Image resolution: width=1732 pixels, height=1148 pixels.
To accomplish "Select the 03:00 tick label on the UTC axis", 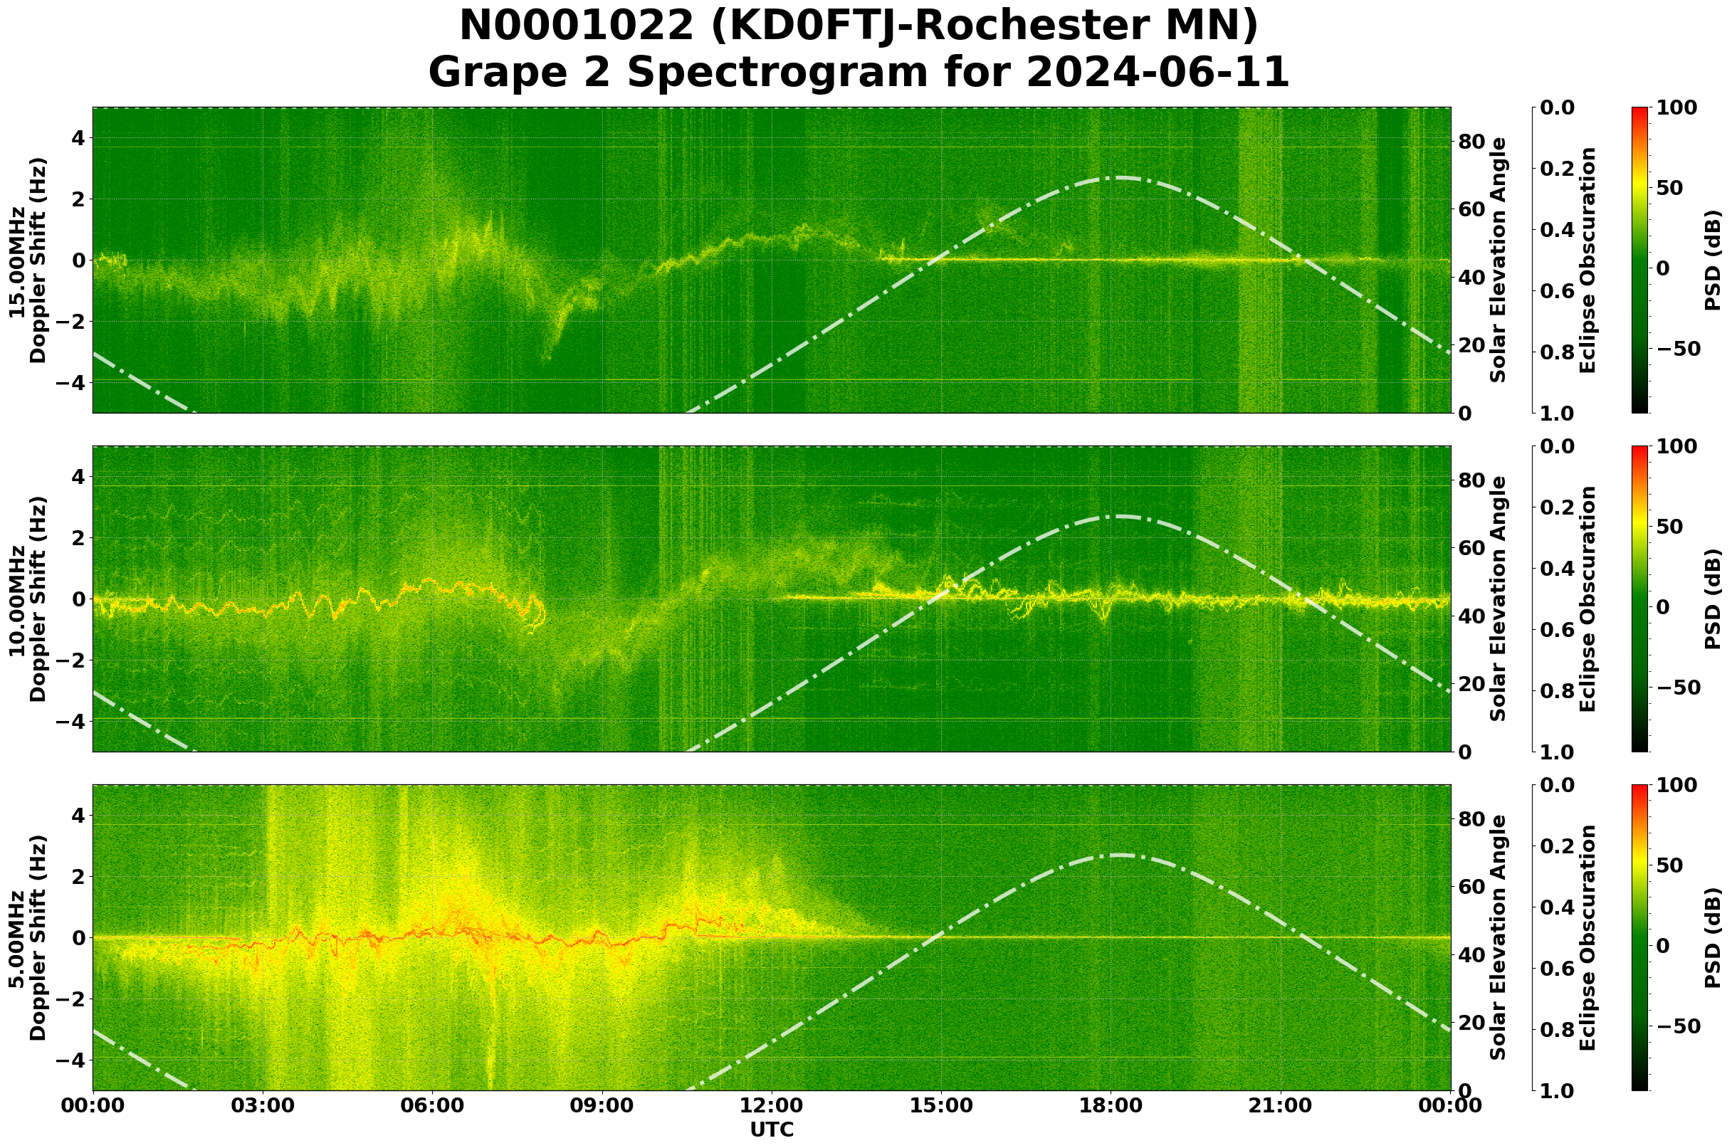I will pyautogui.click(x=262, y=1105).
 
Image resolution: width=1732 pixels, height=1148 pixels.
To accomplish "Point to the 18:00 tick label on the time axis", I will pyautogui.click(x=1111, y=1105).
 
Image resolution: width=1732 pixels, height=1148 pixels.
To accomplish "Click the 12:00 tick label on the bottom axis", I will pyautogui.click(x=771, y=1105).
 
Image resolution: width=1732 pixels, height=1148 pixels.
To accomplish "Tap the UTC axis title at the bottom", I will pyautogui.click(x=772, y=1129).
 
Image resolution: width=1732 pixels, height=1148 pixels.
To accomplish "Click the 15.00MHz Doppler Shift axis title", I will pyautogui.click(x=27, y=260).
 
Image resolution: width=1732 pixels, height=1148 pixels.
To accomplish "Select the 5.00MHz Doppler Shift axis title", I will pyautogui.click(x=27, y=938).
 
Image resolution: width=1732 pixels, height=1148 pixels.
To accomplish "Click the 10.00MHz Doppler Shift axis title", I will pyautogui.click(x=27, y=599).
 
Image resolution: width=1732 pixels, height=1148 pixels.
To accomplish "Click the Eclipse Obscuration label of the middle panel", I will pyautogui.click(x=1587, y=599).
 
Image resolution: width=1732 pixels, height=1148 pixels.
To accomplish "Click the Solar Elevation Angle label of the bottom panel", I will pyautogui.click(x=1499, y=938).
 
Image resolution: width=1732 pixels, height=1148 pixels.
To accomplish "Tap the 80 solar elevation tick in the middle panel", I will pyautogui.click(x=1471, y=481).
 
